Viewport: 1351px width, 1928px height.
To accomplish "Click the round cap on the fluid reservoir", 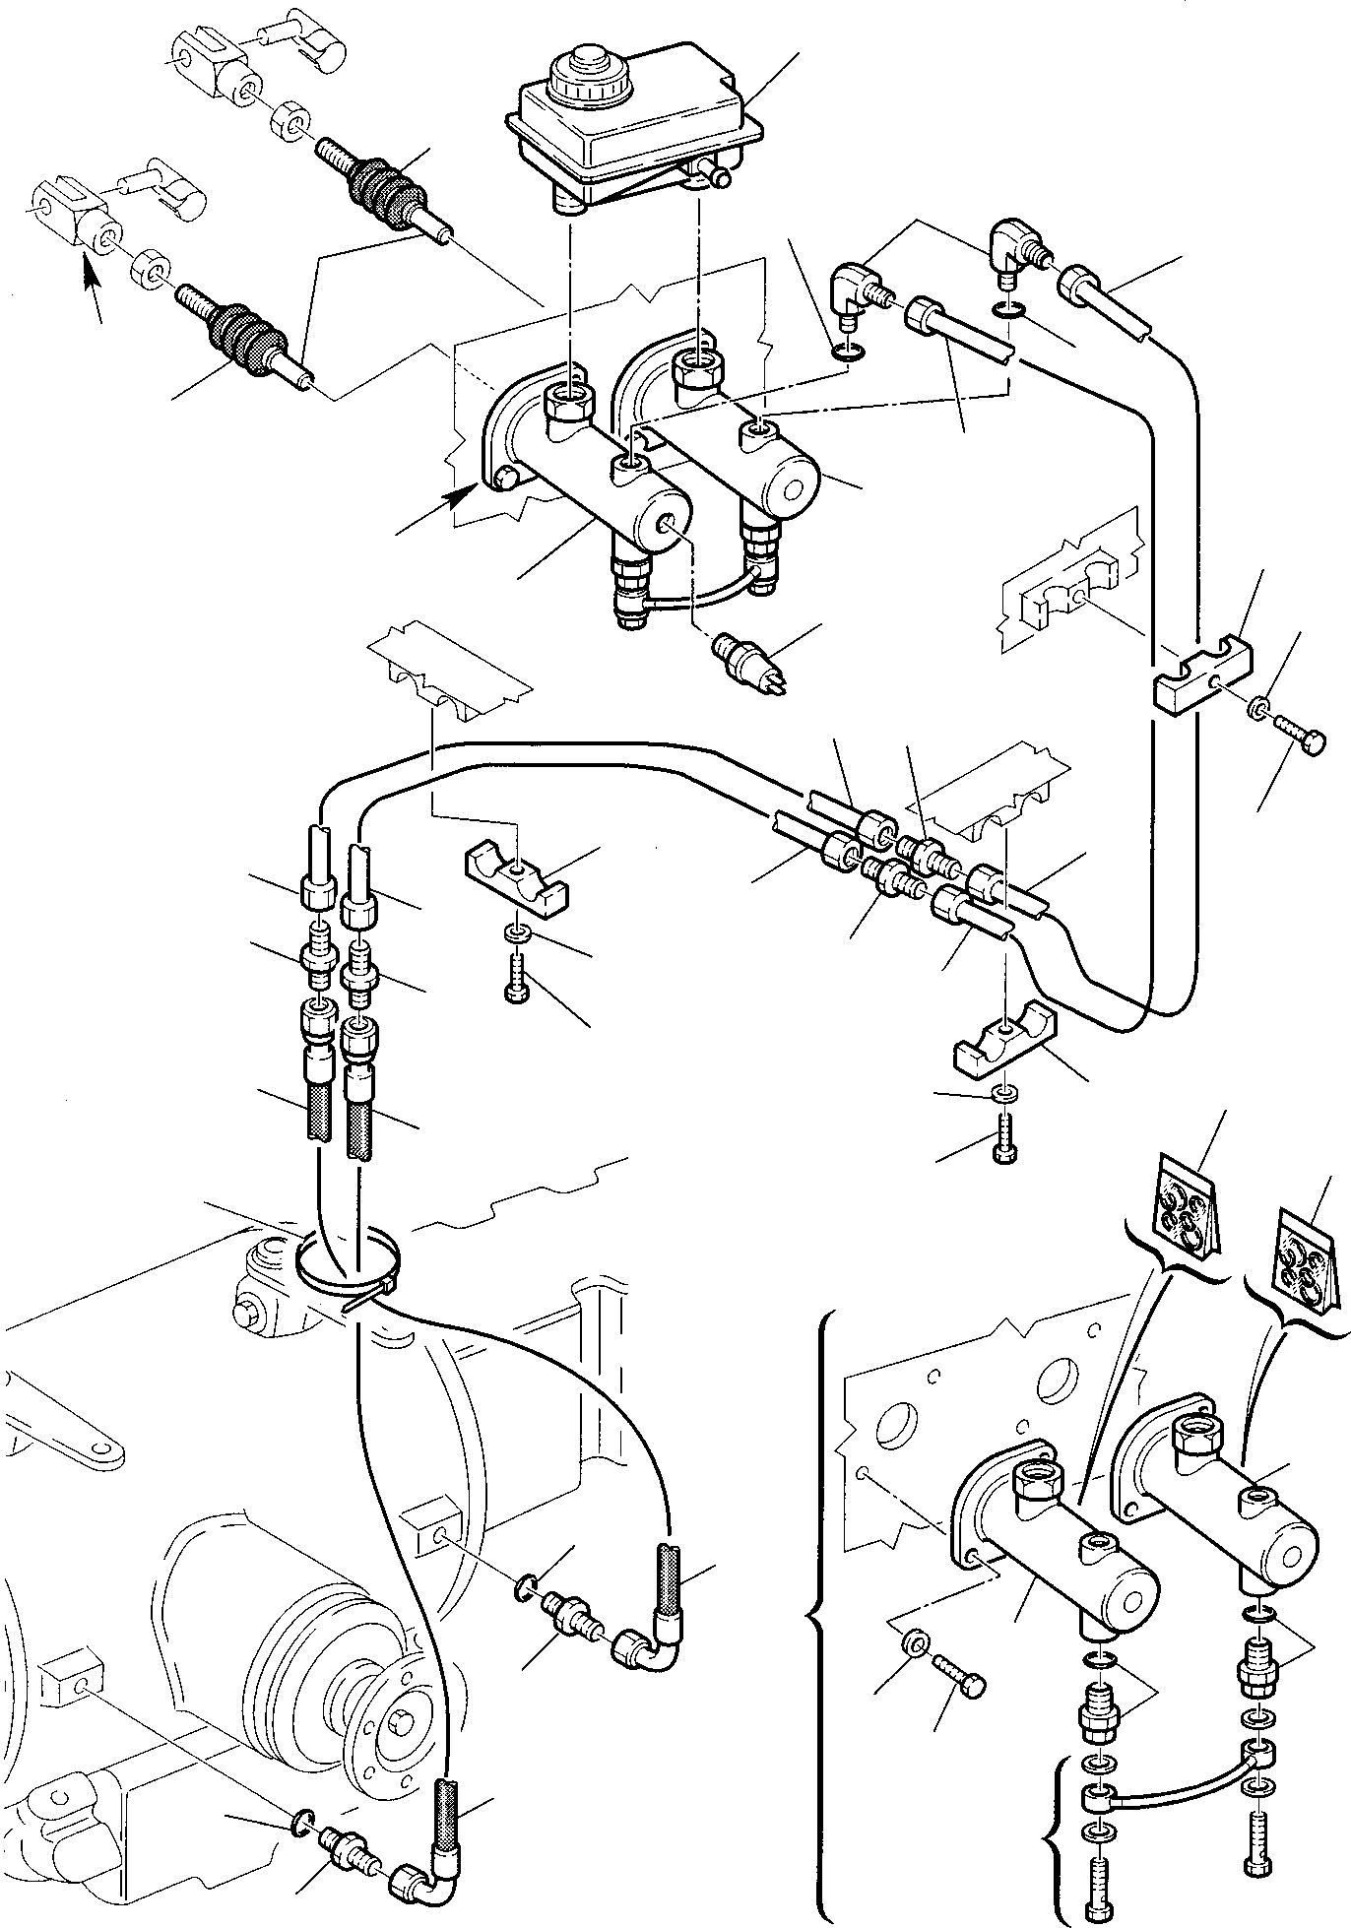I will click(579, 66).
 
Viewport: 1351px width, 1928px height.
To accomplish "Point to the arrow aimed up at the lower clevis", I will click(92, 287).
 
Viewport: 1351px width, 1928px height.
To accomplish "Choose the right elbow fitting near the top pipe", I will click(1008, 244).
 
